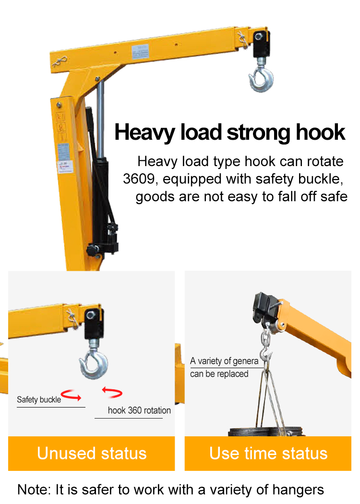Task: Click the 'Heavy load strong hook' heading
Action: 230,132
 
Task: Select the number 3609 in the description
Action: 139,179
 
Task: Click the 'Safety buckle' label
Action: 39,399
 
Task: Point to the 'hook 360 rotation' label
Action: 139,410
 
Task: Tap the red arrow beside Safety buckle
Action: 72,395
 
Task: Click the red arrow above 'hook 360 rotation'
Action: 112,392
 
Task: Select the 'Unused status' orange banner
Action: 92,454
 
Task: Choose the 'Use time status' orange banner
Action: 268,454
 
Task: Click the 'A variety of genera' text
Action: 224,361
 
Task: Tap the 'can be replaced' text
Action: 219,374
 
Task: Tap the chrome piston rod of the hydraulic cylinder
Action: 100,119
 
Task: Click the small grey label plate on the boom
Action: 140,52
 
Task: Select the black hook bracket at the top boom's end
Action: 261,44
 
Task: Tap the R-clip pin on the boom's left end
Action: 60,61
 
